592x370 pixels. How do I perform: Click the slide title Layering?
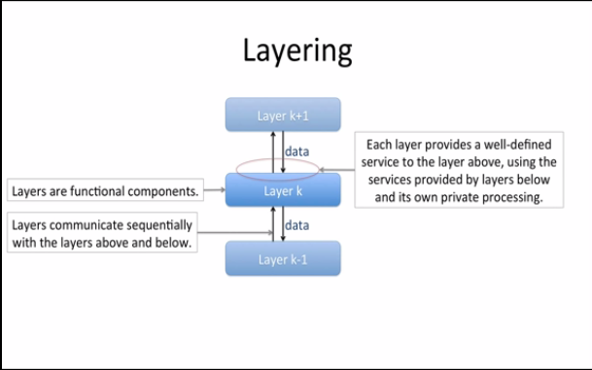point(296,52)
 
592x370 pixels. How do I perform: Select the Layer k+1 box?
point(283,115)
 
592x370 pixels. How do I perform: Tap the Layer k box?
point(283,190)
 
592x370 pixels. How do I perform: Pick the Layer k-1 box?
point(283,259)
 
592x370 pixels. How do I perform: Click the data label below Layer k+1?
point(297,151)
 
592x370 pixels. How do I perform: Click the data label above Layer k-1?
point(297,225)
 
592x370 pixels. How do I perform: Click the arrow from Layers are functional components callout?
point(214,191)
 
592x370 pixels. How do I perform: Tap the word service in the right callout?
point(381,162)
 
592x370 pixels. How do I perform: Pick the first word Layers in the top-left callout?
point(31,191)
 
